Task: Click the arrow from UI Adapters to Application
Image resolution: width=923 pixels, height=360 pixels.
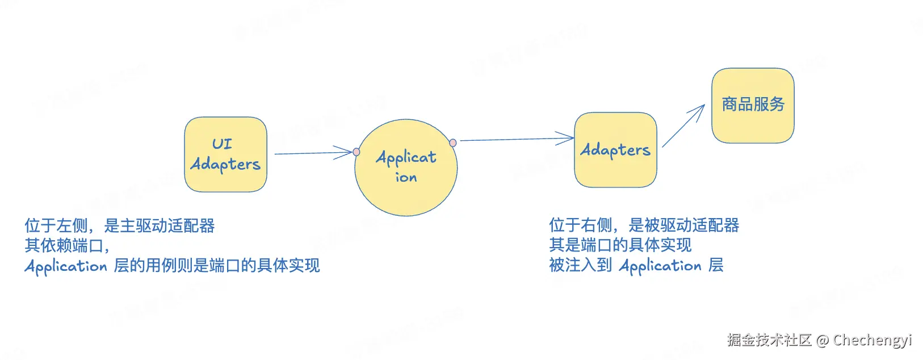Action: [312, 153]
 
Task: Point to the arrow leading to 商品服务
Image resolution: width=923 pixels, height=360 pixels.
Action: [683, 126]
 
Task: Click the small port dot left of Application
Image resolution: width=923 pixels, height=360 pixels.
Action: [356, 152]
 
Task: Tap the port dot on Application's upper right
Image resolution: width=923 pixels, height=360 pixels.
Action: [452, 143]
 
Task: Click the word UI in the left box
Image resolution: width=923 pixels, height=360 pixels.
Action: [222, 144]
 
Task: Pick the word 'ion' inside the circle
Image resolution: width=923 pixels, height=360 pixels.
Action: [406, 178]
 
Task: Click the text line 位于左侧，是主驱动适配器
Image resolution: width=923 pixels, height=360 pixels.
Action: [120, 226]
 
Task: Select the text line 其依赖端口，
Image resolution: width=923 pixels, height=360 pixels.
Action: [67, 246]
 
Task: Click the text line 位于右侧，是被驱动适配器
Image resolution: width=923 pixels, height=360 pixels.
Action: [644, 225]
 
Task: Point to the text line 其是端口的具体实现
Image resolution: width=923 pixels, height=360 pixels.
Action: [620, 245]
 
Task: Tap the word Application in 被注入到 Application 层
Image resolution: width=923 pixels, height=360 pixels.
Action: [660, 266]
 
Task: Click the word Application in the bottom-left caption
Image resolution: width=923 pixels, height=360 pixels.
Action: [66, 266]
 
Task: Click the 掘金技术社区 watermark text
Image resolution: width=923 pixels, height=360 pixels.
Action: [769, 340]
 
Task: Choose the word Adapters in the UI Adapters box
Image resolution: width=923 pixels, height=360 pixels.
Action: [225, 165]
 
